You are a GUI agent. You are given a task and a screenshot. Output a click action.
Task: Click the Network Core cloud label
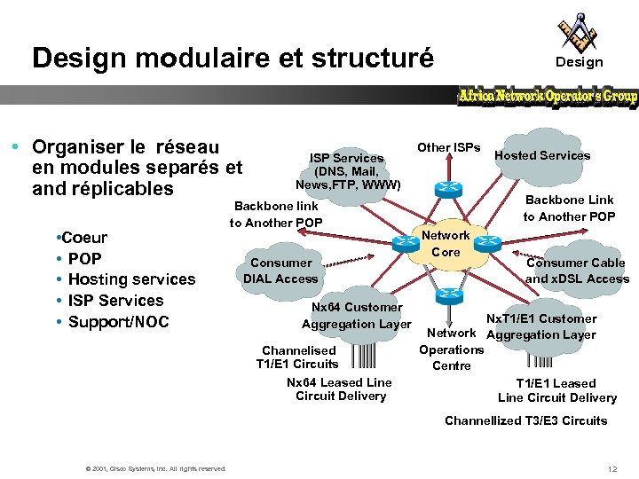point(446,244)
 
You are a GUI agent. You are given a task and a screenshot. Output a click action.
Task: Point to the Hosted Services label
point(541,155)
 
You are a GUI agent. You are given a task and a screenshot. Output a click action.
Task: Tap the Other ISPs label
point(448,146)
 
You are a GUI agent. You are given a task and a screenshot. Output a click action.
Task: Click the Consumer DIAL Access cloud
point(280,271)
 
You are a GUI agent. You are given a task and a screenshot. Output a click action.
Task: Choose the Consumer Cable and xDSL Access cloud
point(577,271)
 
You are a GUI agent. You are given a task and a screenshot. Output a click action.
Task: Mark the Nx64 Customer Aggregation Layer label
point(357,316)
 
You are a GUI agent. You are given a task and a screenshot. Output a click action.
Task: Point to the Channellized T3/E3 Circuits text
point(525,420)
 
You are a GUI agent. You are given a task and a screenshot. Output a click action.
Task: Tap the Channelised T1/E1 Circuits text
point(297,357)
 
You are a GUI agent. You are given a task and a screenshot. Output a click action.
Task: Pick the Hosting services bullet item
point(131,279)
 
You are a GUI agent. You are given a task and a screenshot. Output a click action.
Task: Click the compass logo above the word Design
point(578,32)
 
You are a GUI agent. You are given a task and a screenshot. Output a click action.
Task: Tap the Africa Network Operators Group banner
point(548,96)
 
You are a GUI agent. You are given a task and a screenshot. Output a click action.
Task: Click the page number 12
point(612,467)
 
